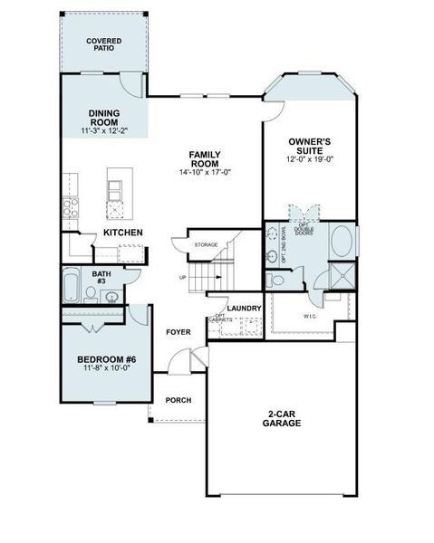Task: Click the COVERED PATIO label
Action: click(x=104, y=45)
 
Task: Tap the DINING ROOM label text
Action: click(x=104, y=119)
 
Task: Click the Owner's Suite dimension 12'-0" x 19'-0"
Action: click(x=310, y=160)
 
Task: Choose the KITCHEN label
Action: click(x=123, y=233)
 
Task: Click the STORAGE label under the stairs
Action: click(x=207, y=244)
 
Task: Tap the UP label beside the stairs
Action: click(x=184, y=277)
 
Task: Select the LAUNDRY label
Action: click(x=245, y=309)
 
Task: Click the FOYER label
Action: click(x=178, y=332)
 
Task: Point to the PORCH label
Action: click(x=178, y=400)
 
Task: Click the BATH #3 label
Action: click(x=101, y=277)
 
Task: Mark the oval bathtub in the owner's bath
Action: click(x=342, y=243)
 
